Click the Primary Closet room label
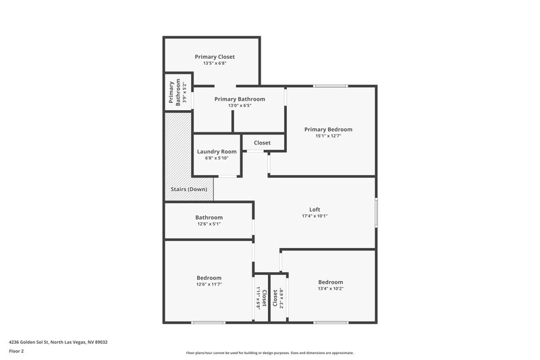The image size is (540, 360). click(x=215, y=57)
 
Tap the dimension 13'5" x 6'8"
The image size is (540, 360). click(x=215, y=64)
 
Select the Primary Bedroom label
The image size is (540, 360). click(x=328, y=129)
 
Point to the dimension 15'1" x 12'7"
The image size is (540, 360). click(x=328, y=136)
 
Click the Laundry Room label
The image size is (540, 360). click(x=217, y=151)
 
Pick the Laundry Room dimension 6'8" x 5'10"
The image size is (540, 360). click(x=217, y=158)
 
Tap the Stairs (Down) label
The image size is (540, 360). click(x=188, y=188)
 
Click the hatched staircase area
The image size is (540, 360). click(x=178, y=149)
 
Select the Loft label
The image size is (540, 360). click(x=315, y=209)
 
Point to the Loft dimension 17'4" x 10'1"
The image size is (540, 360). click(x=315, y=216)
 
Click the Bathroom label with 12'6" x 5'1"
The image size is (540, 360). click(x=209, y=217)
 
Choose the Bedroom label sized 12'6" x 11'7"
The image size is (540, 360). click(x=209, y=278)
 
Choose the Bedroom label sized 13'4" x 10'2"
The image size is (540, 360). click(x=330, y=282)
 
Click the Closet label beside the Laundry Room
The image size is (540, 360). click(x=262, y=143)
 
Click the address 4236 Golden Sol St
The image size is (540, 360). click(x=58, y=342)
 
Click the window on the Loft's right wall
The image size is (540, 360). click(x=376, y=213)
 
